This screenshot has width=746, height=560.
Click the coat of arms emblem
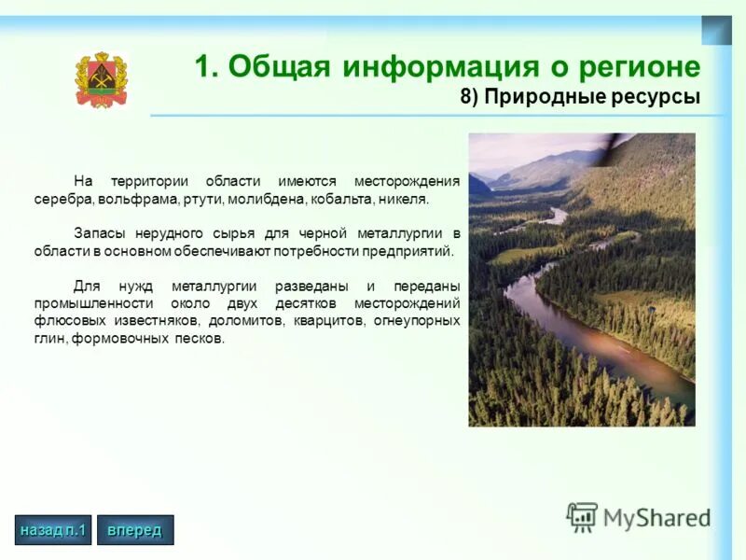(100, 80)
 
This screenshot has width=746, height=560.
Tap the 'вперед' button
(134, 530)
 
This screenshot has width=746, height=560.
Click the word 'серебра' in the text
(62, 200)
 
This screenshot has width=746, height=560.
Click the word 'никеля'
(402, 200)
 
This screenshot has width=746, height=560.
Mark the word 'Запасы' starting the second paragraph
(98, 233)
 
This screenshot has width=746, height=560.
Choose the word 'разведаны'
(314, 286)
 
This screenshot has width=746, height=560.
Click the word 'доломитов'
(245, 320)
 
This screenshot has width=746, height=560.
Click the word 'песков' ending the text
(198, 338)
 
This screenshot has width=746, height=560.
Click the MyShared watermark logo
(639, 516)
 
